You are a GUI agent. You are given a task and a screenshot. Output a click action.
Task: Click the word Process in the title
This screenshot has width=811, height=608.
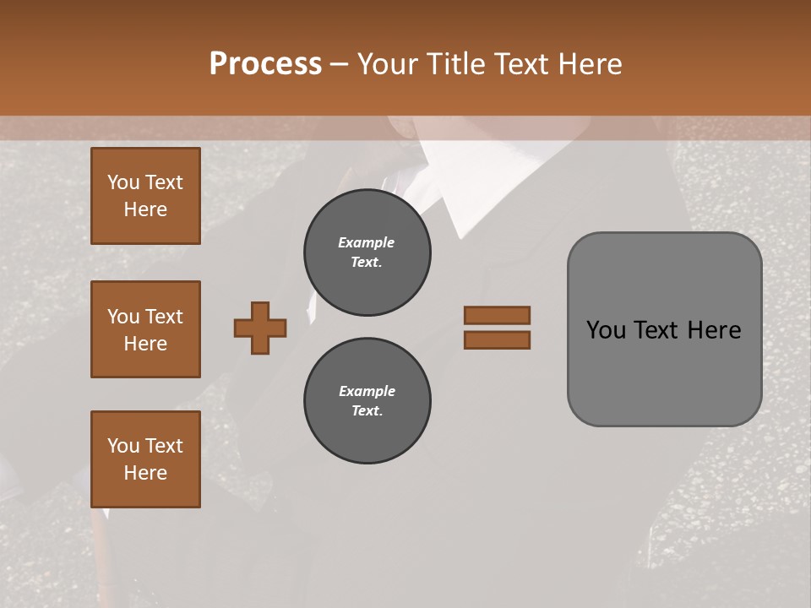point(265,64)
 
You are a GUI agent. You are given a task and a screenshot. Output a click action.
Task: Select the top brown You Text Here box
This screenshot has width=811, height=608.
point(145,196)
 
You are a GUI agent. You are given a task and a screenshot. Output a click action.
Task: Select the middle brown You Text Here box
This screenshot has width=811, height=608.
point(145,329)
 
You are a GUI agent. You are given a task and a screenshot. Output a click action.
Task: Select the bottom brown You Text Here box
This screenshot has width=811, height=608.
point(145,459)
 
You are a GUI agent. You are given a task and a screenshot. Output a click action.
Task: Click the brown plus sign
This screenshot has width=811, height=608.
point(260,328)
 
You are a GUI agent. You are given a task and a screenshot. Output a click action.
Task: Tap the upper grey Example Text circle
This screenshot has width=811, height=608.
point(367,252)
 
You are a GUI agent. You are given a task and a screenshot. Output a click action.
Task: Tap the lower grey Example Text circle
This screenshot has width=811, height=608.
point(367,401)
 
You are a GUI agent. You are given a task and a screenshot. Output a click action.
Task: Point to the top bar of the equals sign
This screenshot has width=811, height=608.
point(497,315)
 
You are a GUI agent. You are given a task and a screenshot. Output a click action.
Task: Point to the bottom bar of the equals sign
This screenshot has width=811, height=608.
point(497,339)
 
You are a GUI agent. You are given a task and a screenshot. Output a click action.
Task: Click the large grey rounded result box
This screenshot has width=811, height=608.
point(664,372)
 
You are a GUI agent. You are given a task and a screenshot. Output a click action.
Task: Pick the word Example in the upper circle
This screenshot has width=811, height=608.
point(367,243)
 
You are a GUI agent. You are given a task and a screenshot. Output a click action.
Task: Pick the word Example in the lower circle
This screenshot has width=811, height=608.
point(367,392)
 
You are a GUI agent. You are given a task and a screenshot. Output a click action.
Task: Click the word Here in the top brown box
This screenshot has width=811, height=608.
point(145,209)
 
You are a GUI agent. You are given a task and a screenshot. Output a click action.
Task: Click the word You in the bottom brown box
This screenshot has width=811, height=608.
point(123,446)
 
